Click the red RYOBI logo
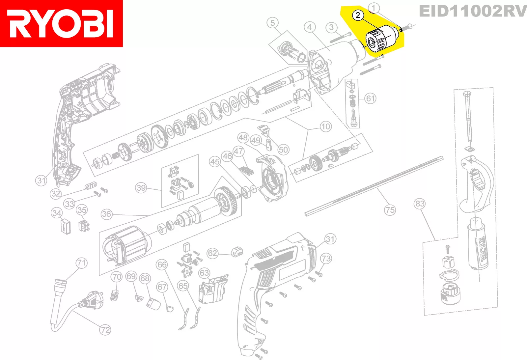pos(61,23)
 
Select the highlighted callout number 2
pos(358,15)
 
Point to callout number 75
pos(390,210)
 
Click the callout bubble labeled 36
pos(106,214)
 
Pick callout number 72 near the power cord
pos(105,330)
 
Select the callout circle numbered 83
pos(420,204)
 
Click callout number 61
pos(370,98)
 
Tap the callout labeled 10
pos(326,126)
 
